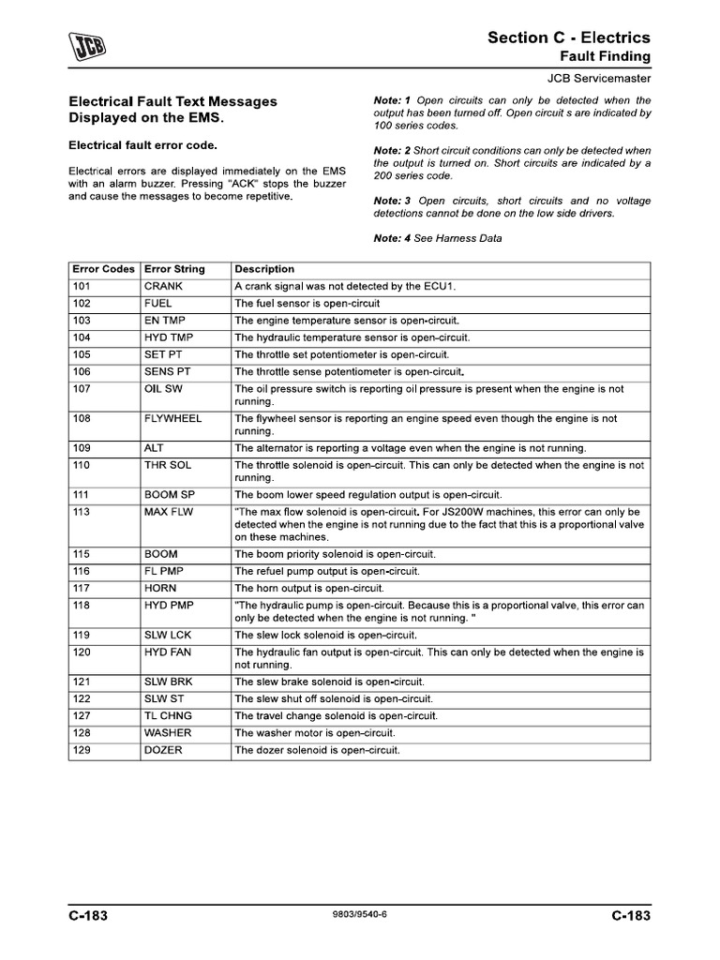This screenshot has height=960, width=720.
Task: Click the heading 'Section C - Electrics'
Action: (x=568, y=37)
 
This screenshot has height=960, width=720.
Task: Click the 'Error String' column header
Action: (x=174, y=269)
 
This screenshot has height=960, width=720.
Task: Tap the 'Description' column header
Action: (x=264, y=269)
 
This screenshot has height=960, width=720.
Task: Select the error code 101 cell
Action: (x=82, y=286)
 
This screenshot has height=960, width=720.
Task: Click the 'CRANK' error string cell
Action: (x=164, y=286)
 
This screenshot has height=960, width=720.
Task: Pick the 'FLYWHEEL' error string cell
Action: (x=172, y=418)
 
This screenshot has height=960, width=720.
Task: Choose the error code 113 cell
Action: (x=82, y=513)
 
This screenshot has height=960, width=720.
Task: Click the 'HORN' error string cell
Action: (x=161, y=589)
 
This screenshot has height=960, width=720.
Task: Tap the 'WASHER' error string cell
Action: (x=167, y=733)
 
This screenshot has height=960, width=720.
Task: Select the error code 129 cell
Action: (x=82, y=750)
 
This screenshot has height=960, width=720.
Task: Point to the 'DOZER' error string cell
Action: (x=163, y=750)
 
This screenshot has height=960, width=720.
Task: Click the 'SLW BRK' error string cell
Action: (x=169, y=682)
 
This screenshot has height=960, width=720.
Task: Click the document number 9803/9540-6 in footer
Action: (x=359, y=916)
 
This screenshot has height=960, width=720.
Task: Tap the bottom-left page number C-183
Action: (x=88, y=916)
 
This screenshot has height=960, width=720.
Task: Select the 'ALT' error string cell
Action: (x=154, y=448)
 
